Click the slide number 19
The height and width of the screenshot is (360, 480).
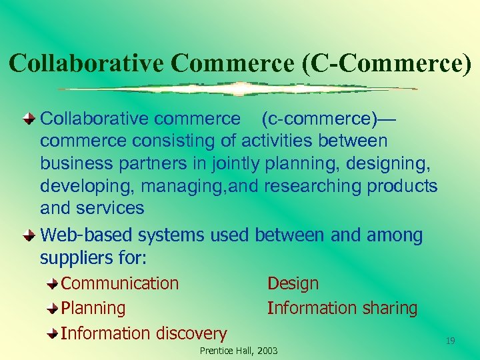pyautogui.click(x=450, y=341)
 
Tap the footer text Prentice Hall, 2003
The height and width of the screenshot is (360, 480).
pyautogui.click(x=239, y=351)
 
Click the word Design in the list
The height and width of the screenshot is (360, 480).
pyautogui.click(x=293, y=283)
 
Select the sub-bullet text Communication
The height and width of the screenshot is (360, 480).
pyautogui.click(x=120, y=283)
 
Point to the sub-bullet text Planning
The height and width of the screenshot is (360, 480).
pyautogui.click(x=93, y=308)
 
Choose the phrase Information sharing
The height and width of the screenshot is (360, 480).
pyautogui.click(x=342, y=308)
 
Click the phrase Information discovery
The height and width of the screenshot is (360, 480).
pyautogui.click(x=144, y=333)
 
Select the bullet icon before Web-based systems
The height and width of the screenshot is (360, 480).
pyautogui.click(x=29, y=235)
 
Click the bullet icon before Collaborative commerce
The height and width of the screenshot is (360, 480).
pyautogui.click(x=29, y=119)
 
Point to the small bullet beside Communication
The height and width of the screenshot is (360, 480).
pyautogui.click(x=53, y=284)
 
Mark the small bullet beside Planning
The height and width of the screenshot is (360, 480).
pyautogui.click(x=53, y=309)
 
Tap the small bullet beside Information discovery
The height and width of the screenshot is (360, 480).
pyautogui.click(x=53, y=333)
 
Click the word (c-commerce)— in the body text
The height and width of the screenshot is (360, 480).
pyautogui.click(x=328, y=119)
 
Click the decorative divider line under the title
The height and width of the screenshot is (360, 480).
pyautogui.click(x=237, y=89)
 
